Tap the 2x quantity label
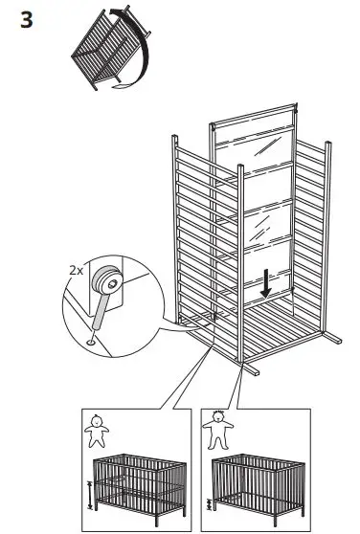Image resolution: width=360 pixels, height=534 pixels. pos(77,271)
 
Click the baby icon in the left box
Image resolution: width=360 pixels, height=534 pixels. pos(95,432)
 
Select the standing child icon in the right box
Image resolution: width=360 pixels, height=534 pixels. pos(218,431)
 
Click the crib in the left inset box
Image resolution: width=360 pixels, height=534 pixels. pos(141,482)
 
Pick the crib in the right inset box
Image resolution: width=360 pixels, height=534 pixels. pos(256,482)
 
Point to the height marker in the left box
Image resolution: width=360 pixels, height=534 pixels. pos(91,494)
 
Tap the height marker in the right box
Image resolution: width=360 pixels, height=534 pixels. pos(206,503)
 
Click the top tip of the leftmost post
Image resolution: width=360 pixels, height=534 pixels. pos(173,141)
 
